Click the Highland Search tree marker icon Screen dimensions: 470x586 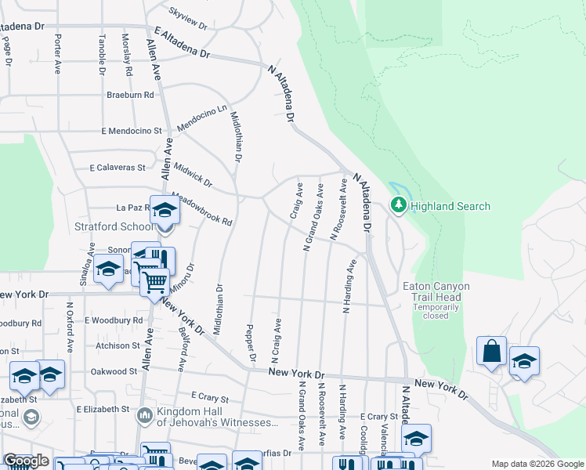click(x=399, y=206)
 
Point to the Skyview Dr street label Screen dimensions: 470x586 click(x=188, y=18)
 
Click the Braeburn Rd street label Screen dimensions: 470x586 click(x=130, y=95)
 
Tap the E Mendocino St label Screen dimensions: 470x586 click(x=131, y=131)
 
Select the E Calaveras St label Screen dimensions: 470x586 click(x=118, y=168)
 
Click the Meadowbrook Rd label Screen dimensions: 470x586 click(x=201, y=209)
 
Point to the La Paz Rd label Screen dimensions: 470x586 click(x=132, y=208)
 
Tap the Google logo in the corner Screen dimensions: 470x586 click(x=26, y=461)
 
